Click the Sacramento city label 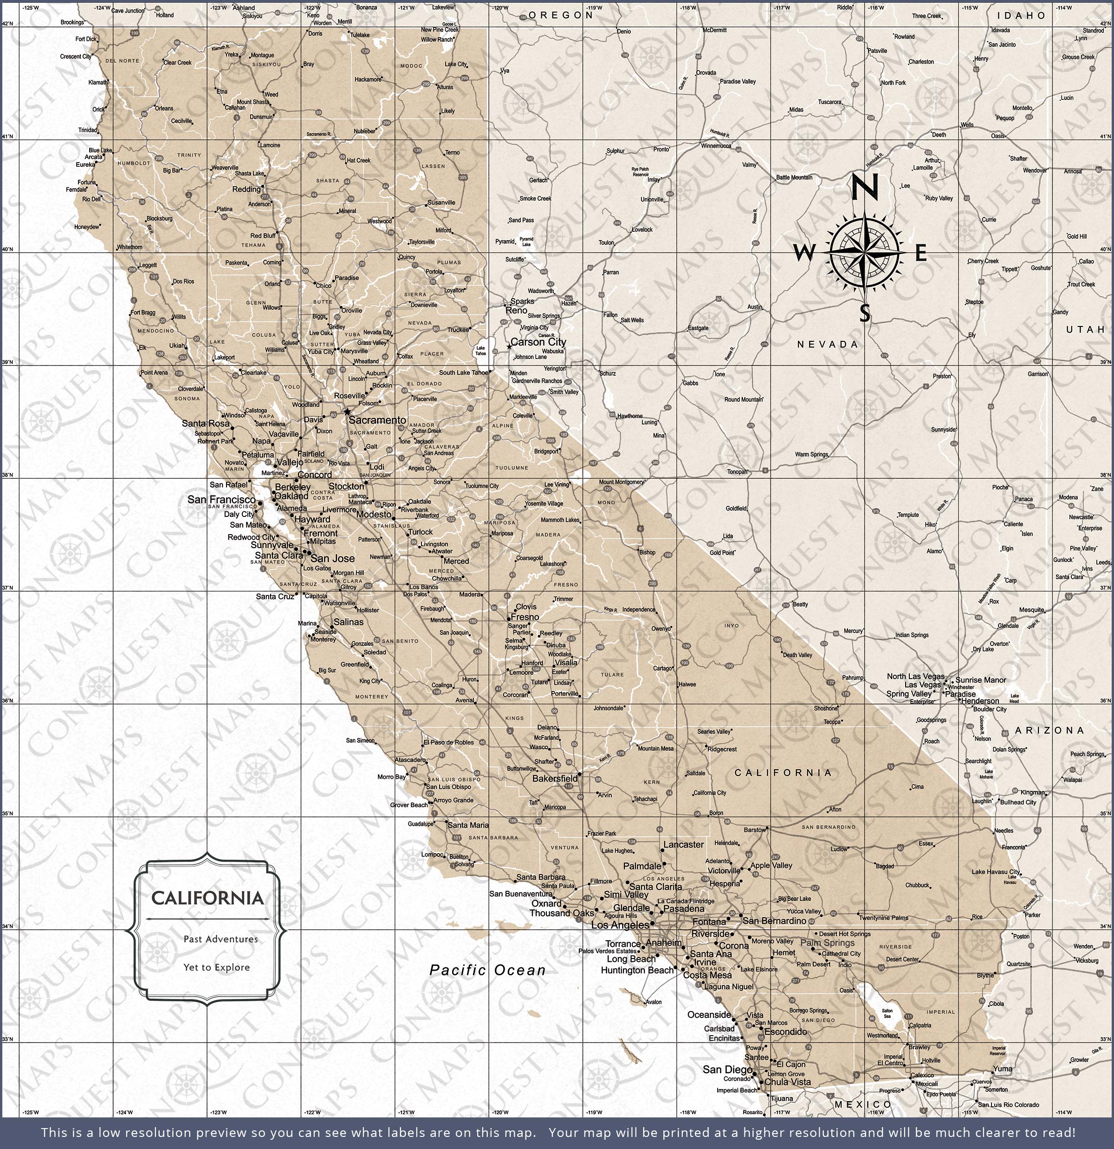pyautogui.click(x=377, y=420)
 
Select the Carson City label pyautogui.click(x=538, y=342)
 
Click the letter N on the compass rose pyautogui.click(x=864, y=188)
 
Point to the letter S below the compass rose pyautogui.click(x=865, y=313)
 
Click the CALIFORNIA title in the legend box pyautogui.click(x=207, y=898)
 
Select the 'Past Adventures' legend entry pyautogui.click(x=220, y=939)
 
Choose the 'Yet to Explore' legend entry pyautogui.click(x=216, y=967)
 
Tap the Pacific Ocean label pyautogui.click(x=487, y=970)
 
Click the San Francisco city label pyautogui.click(x=221, y=499)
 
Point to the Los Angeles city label pyautogui.click(x=620, y=925)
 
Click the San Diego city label pyautogui.click(x=727, y=1069)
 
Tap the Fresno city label pyautogui.click(x=525, y=617)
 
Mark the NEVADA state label pyautogui.click(x=828, y=345)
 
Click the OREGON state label pyautogui.click(x=561, y=15)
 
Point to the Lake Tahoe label pyautogui.click(x=480, y=351)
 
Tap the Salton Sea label pyautogui.click(x=887, y=1013)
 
